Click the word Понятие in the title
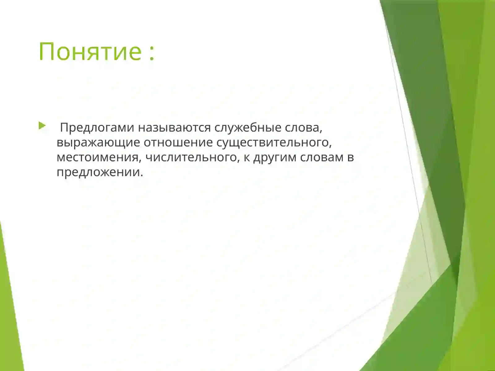pos(90,51)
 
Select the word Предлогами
pos(97,128)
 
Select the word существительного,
pos(272,143)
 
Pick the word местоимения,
pos(99,157)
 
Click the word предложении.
pos(98,172)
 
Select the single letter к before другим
pos(247,157)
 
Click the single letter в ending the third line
pos(351,157)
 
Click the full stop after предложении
pos(142,175)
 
